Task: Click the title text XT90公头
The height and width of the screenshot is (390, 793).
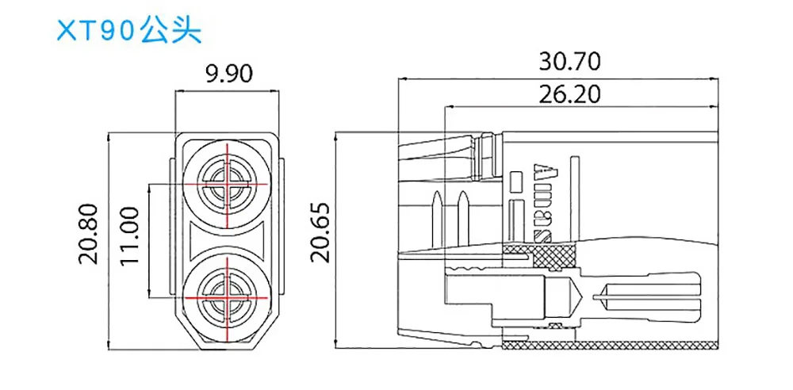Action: pos(129,31)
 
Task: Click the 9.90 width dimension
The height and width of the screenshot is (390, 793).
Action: pos(228,74)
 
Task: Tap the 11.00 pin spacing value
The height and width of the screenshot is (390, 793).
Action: pos(130,235)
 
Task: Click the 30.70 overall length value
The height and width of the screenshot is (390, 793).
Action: pos(569,61)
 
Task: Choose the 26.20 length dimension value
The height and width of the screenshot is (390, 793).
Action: pos(569,94)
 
